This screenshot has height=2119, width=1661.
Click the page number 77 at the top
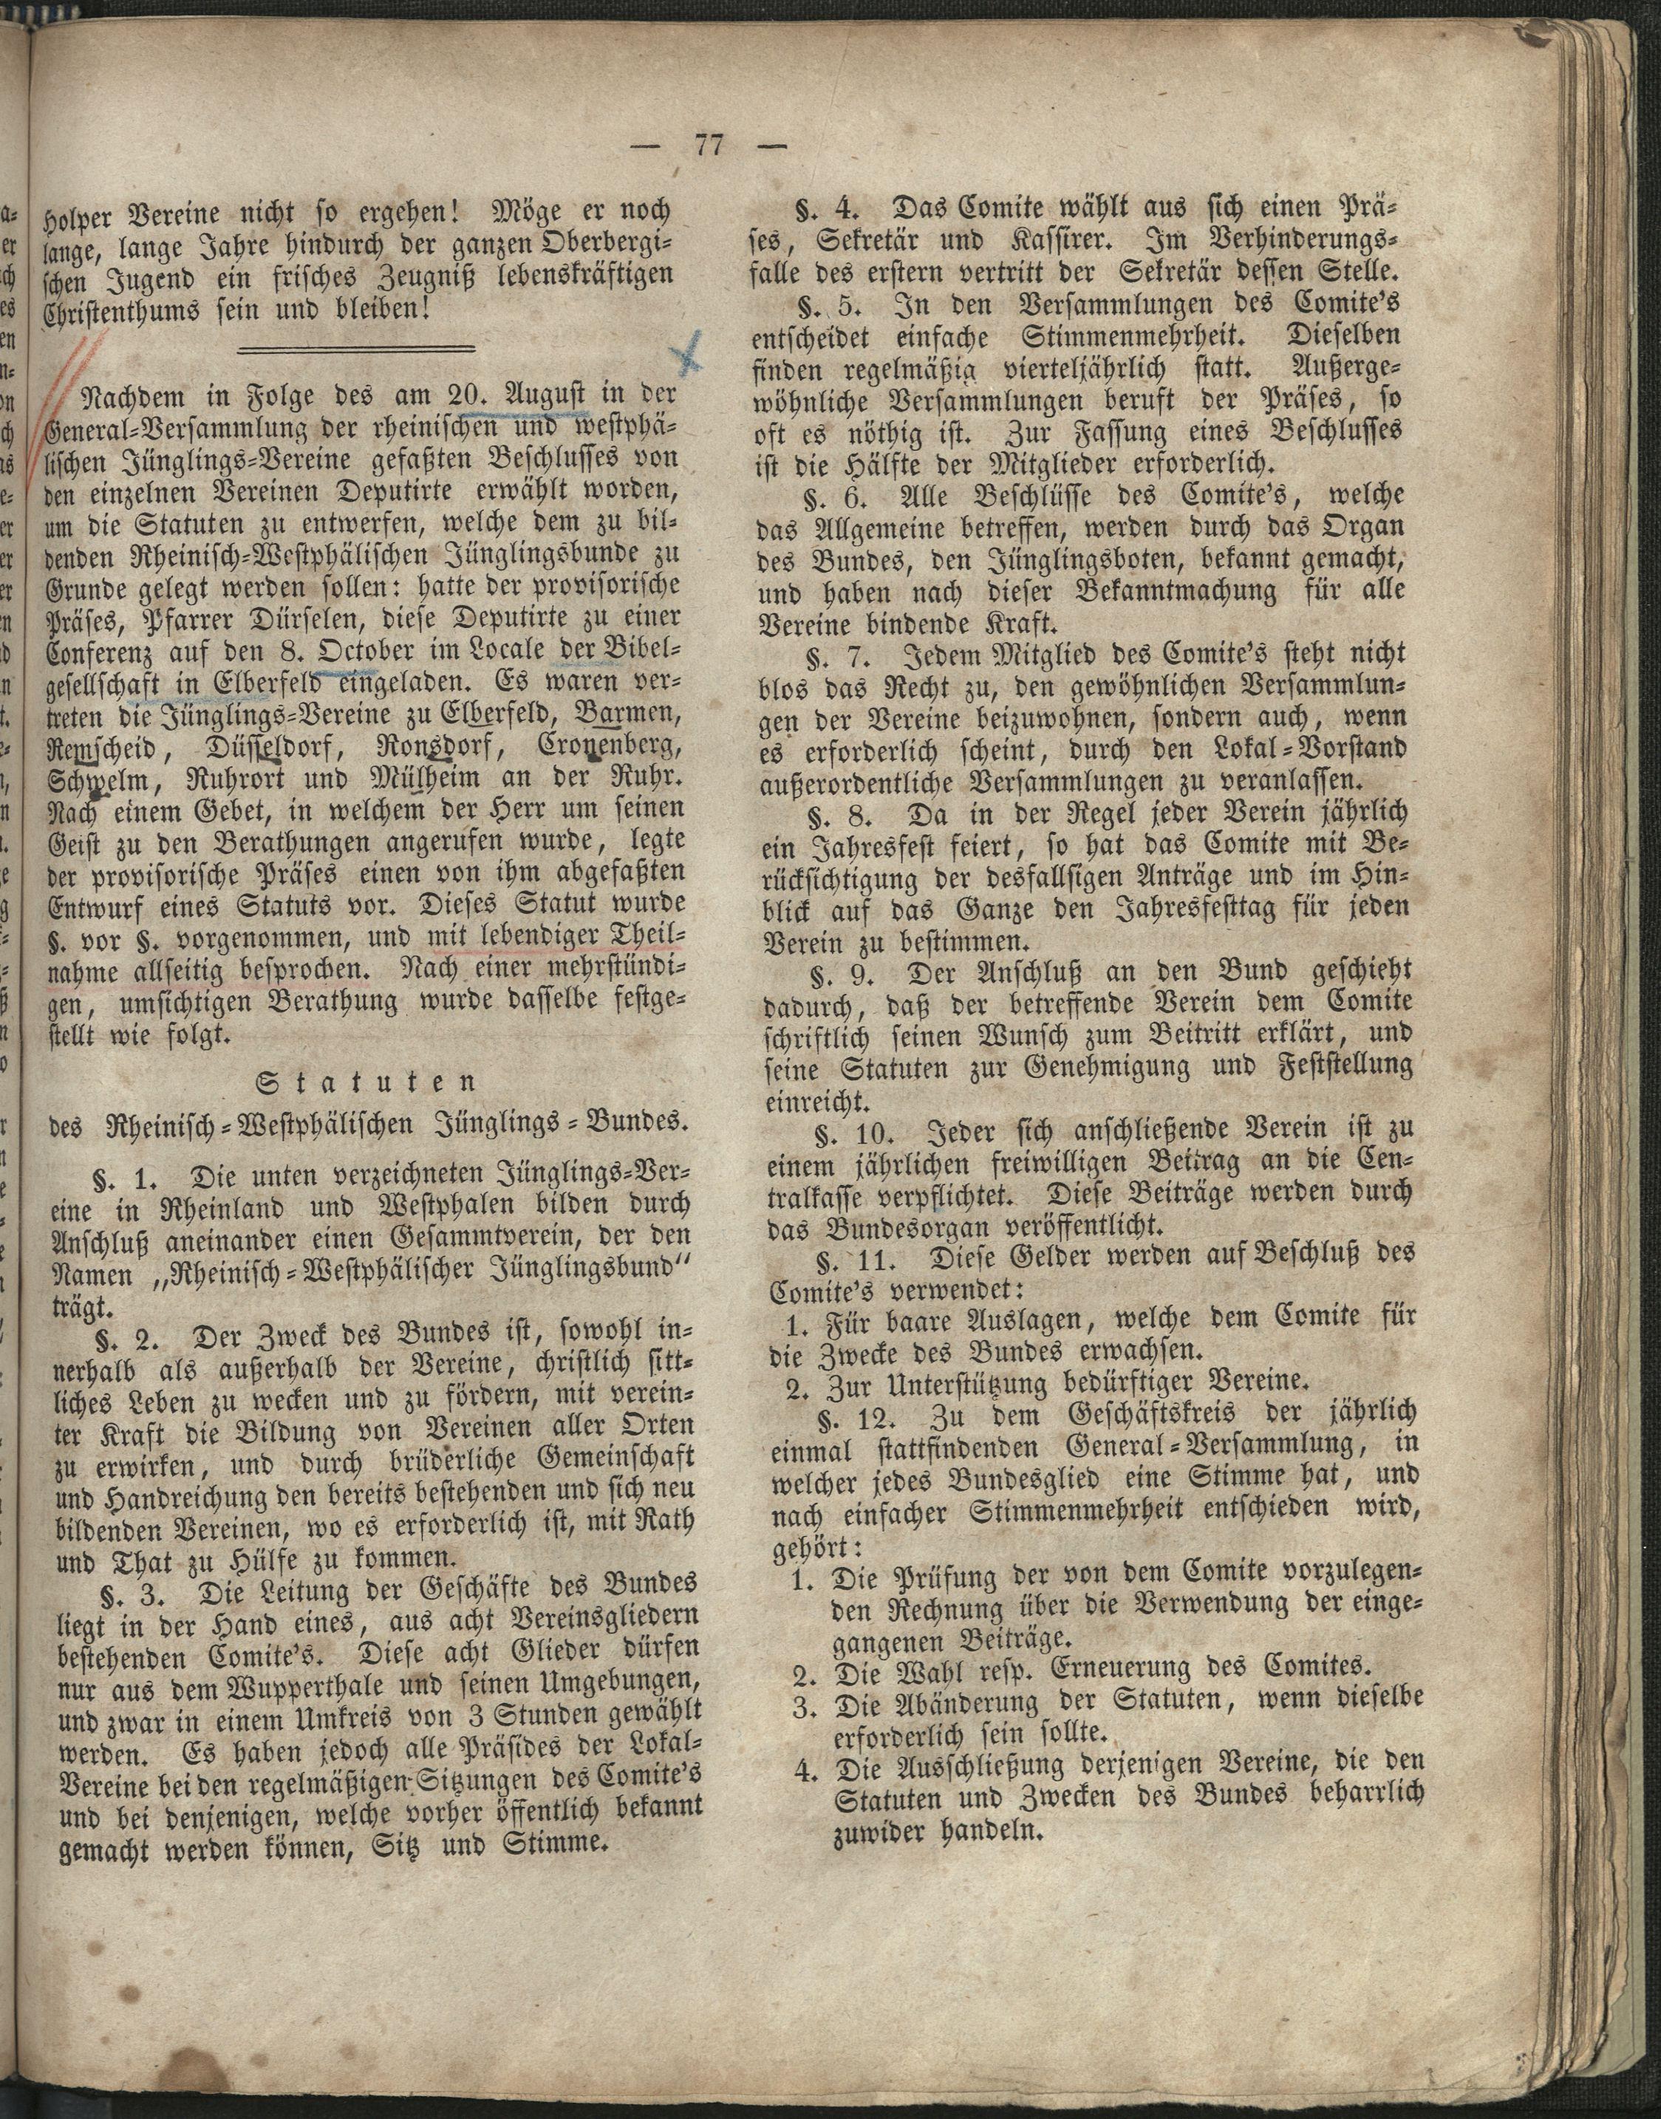pos(707,149)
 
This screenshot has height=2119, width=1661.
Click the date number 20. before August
pos(434,397)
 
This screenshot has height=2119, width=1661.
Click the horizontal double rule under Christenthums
pos(356,348)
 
